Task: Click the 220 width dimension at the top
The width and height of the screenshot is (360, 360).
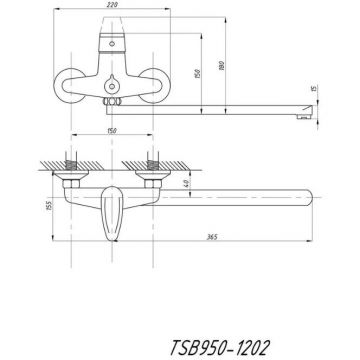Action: [120, 5]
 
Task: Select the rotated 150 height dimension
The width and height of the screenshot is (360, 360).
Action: [201, 74]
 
